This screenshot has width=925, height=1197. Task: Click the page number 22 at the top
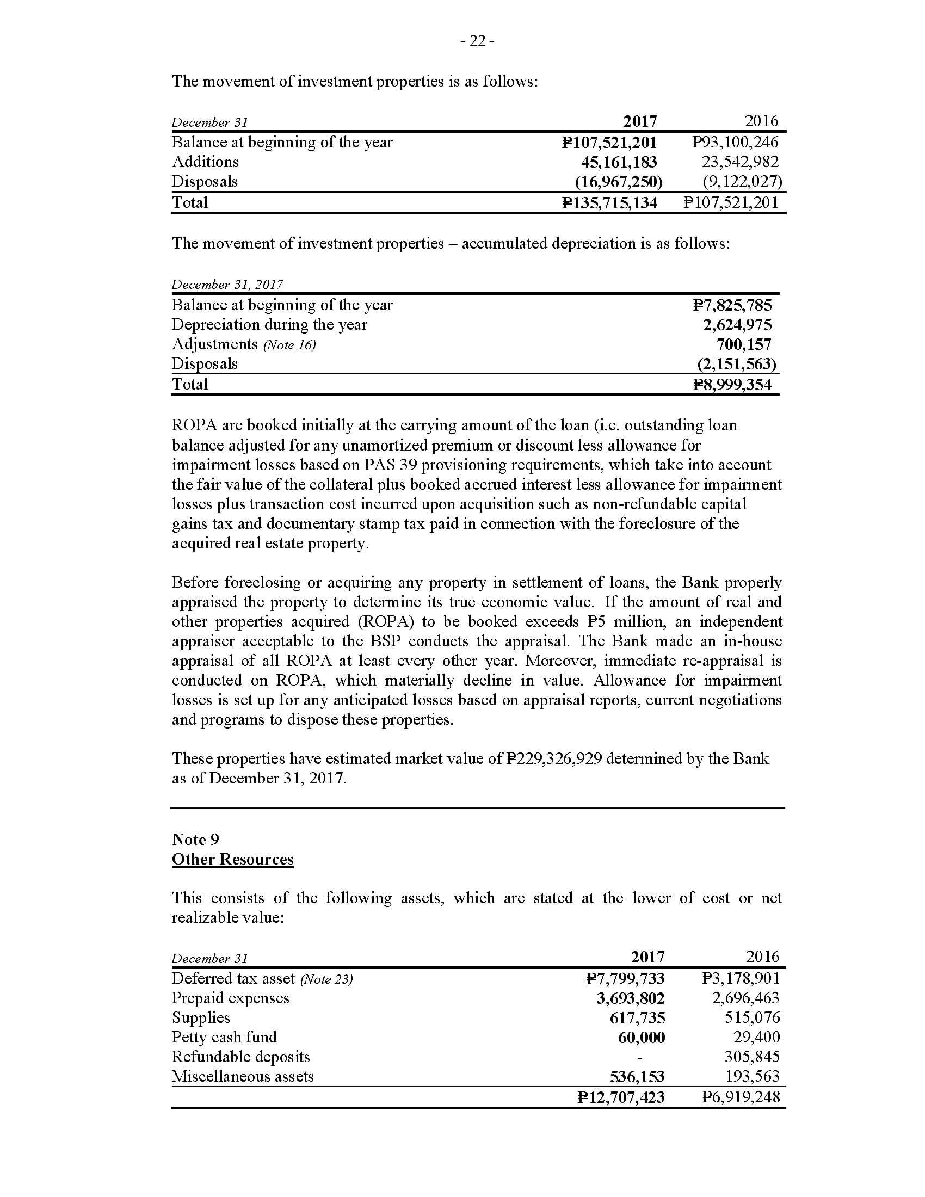point(477,41)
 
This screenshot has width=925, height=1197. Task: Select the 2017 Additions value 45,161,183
point(619,162)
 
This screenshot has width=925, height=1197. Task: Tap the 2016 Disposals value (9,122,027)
point(742,182)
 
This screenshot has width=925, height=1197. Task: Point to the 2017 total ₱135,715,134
point(609,203)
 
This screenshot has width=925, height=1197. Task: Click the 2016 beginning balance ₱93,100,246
point(735,143)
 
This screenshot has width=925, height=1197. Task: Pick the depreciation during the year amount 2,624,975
point(737,325)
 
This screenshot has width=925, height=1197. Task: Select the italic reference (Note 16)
point(289,345)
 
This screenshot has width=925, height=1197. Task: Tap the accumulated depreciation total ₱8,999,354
point(732,385)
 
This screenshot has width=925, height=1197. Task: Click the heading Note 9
point(196,840)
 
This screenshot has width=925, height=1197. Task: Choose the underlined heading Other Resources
point(232,859)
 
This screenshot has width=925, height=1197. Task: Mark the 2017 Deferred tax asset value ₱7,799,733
point(625,979)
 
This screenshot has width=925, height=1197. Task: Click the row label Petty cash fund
point(224,1038)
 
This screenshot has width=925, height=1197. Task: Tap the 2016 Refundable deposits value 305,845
point(752,1057)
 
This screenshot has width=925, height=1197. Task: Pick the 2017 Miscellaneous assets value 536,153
point(637,1077)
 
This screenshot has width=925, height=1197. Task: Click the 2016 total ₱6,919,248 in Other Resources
point(741,1097)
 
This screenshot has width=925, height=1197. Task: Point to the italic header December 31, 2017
point(227,285)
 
